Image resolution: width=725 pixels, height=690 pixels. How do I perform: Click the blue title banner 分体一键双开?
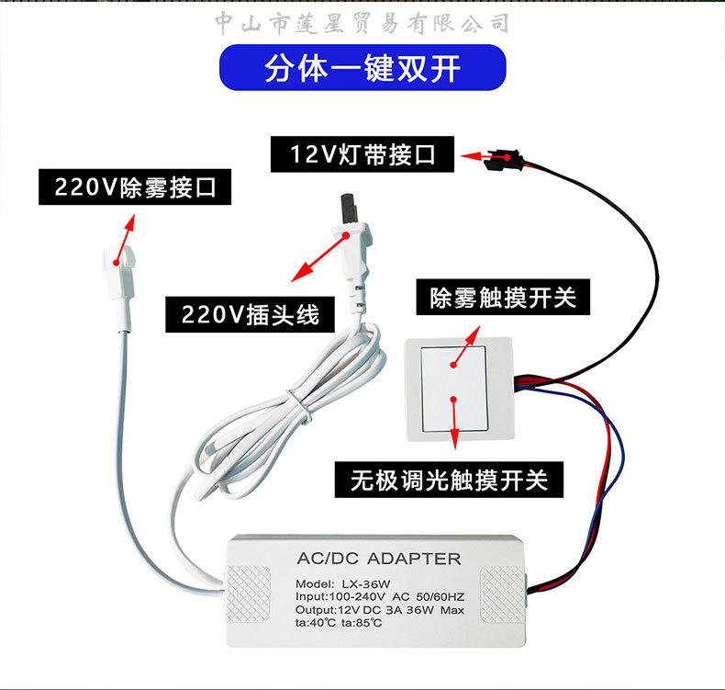coord(362,68)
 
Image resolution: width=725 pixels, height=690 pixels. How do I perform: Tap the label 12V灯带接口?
coord(362,153)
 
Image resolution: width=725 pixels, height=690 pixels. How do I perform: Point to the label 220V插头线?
coord(251,314)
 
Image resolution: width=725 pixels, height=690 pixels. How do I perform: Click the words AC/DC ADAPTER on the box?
coord(379,559)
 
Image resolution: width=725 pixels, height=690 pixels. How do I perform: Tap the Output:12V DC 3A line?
coord(380,610)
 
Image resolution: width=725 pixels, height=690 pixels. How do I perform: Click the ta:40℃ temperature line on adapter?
coord(339,623)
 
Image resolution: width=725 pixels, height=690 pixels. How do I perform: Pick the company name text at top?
coord(362,22)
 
